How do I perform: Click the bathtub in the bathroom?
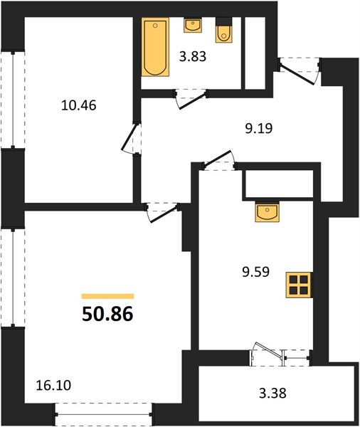(x=155, y=47)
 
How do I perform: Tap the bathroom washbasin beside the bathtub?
(x=193, y=26)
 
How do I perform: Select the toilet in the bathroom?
(x=224, y=30)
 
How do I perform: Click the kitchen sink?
(x=267, y=211)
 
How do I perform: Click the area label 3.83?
(x=193, y=57)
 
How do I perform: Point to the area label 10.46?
(x=79, y=105)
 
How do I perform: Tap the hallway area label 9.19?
(x=259, y=129)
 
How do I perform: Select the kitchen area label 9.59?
(x=255, y=272)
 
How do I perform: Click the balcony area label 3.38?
(x=272, y=393)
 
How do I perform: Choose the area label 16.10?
(x=53, y=385)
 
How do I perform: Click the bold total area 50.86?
(x=107, y=314)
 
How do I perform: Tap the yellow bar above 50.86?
(x=108, y=296)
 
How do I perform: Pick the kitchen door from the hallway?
(x=218, y=159)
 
